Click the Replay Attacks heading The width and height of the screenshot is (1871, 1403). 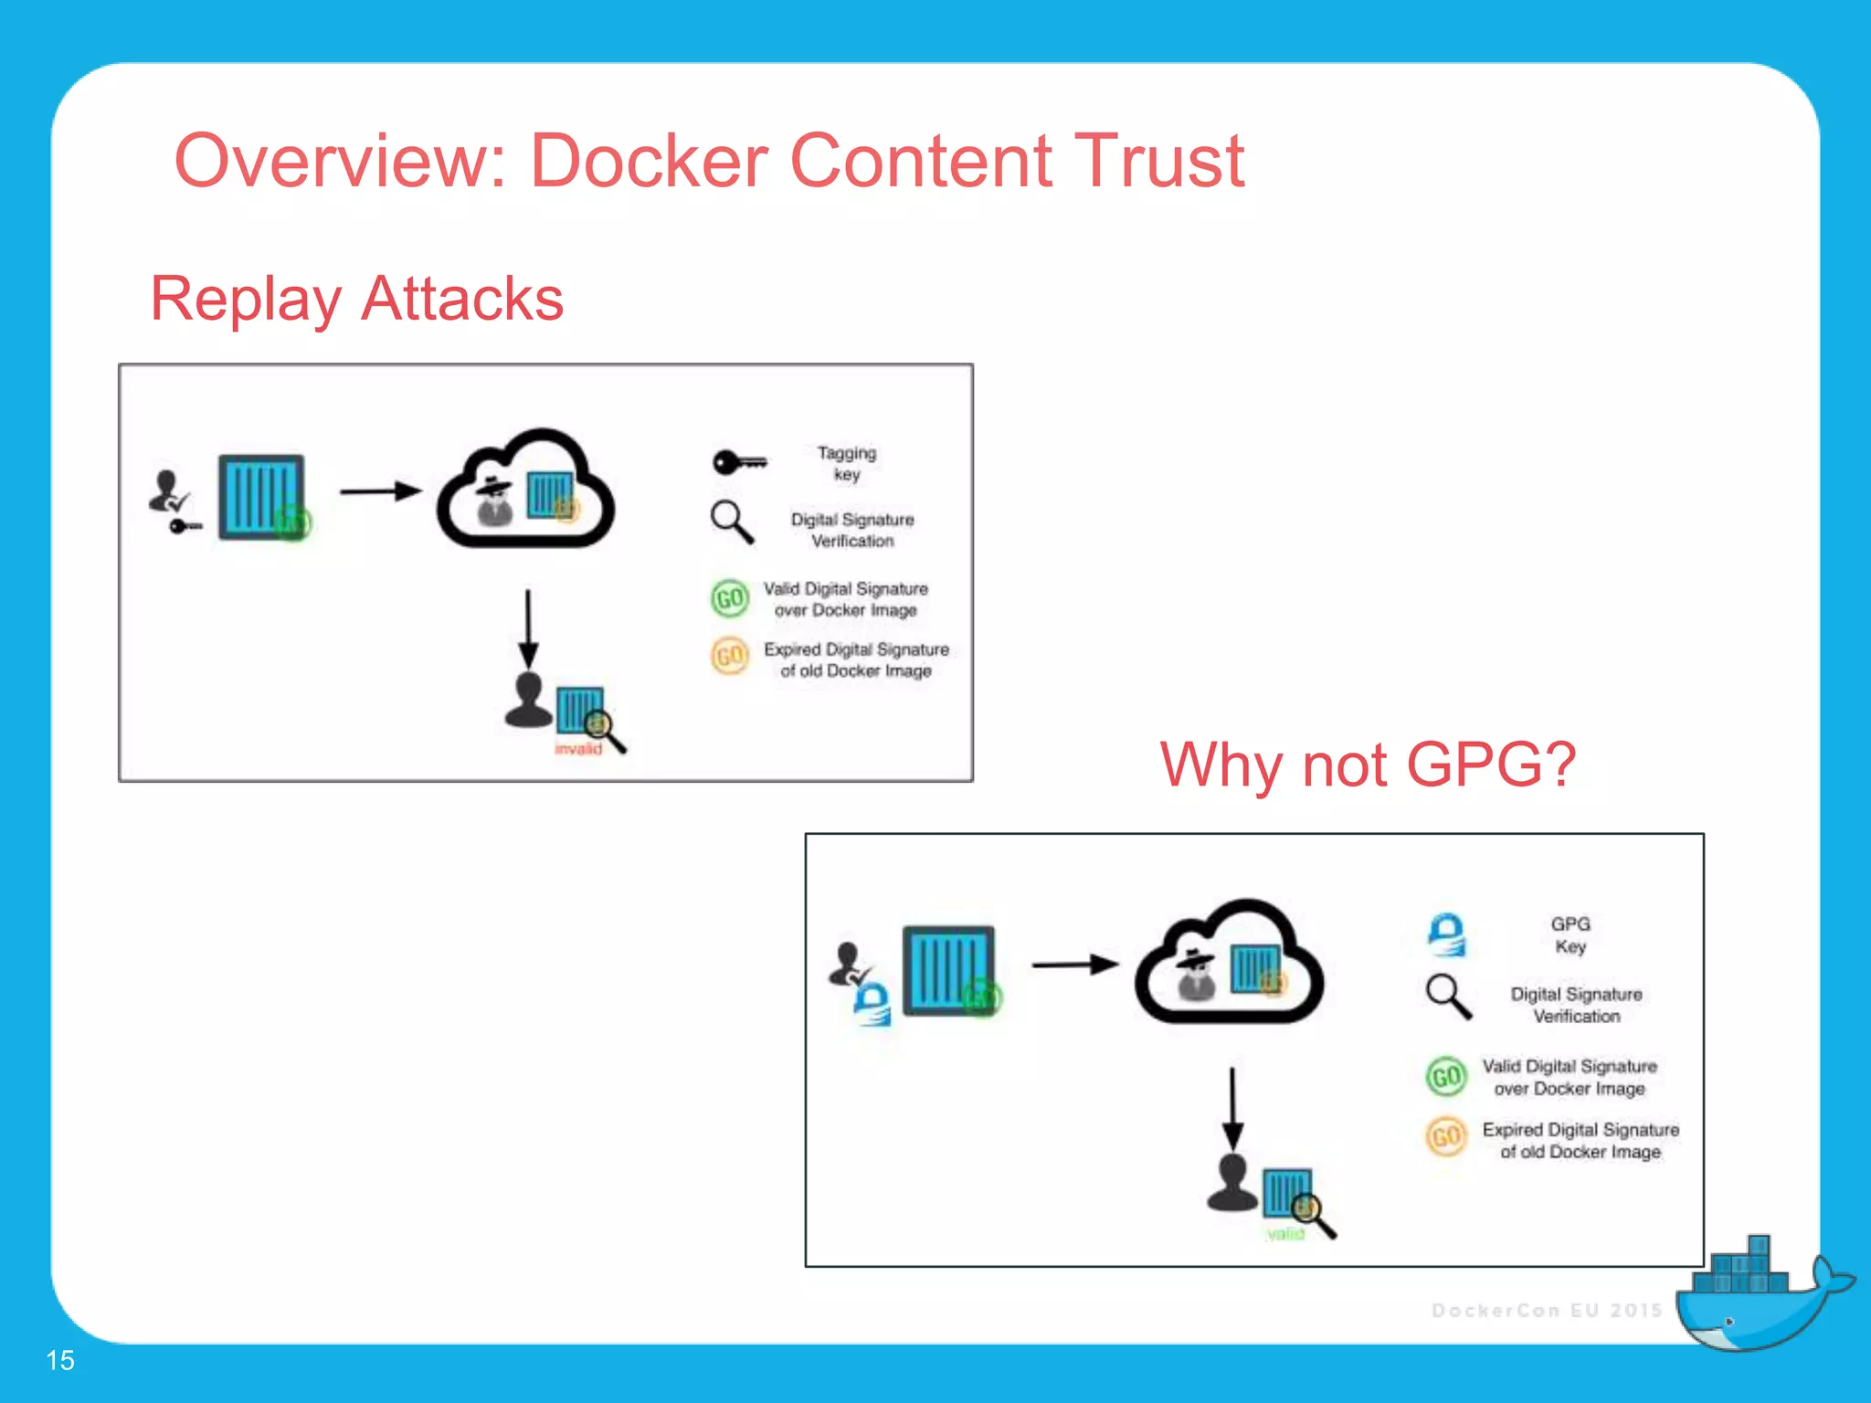click(x=356, y=299)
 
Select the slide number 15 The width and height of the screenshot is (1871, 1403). click(x=60, y=1360)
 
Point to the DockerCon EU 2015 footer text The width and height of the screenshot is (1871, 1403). click(x=1546, y=1310)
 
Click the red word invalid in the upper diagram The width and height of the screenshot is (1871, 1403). click(x=578, y=749)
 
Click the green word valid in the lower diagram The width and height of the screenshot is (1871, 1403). click(x=1285, y=1234)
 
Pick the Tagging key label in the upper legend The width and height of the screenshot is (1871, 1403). click(x=846, y=463)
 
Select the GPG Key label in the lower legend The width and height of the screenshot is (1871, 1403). click(x=1570, y=934)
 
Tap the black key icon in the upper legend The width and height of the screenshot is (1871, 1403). click(x=739, y=462)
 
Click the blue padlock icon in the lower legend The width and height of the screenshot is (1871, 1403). click(x=1447, y=934)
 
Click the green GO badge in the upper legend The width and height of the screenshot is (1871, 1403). click(x=730, y=598)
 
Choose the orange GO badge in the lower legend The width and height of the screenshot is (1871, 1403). click(x=1446, y=1136)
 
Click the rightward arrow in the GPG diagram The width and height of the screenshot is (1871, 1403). click(x=1074, y=965)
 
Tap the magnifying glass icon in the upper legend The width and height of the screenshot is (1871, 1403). click(x=732, y=522)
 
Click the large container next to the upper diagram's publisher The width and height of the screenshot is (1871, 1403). click(x=261, y=497)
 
